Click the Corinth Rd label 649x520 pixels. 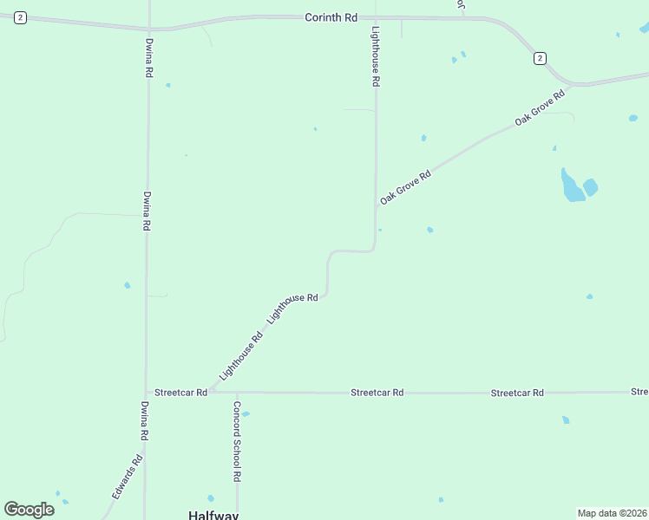click(x=331, y=16)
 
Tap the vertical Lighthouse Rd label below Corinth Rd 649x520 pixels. click(x=376, y=56)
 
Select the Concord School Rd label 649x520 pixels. click(x=236, y=441)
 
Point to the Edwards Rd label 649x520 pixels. click(x=126, y=477)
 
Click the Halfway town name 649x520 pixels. click(x=213, y=514)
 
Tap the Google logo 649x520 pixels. click(x=29, y=510)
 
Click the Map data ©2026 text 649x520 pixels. click(x=613, y=513)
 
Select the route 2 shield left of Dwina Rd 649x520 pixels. click(x=19, y=18)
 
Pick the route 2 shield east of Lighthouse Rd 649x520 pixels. click(x=540, y=58)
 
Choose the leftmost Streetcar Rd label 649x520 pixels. click(x=180, y=393)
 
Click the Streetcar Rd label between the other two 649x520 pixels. click(x=377, y=393)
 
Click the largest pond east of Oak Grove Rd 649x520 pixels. click(x=572, y=186)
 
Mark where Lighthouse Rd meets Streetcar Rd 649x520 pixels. click(x=208, y=392)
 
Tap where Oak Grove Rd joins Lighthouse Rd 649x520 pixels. click(x=376, y=207)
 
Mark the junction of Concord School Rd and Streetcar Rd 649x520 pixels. click(x=237, y=393)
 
